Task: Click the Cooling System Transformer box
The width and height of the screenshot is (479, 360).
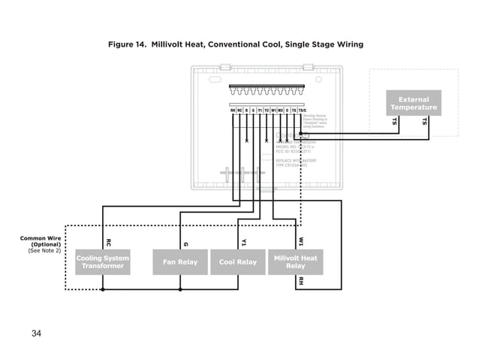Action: click(x=103, y=262)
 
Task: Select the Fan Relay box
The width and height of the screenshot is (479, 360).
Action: click(x=180, y=262)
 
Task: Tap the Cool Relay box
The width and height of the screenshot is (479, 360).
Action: click(x=237, y=262)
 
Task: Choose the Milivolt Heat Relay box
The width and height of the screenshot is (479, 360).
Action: click(x=296, y=262)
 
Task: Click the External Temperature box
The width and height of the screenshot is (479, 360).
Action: click(x=414, y=103)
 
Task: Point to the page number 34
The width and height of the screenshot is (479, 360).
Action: click(x=36, y=333)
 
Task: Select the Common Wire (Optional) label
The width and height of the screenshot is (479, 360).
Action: click(x=41, y=241)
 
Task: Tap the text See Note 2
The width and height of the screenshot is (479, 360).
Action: click(x=44, y=250)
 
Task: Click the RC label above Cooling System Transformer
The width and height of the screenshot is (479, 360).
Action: click(x=108, y=243)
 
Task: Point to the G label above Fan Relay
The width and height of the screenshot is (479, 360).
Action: click(x=185, y=243)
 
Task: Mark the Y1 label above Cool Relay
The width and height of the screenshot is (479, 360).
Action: click(x=243, y=242)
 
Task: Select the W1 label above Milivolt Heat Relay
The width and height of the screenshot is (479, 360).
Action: click(x=301, y=242)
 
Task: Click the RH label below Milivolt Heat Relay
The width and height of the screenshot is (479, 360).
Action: click(x=301, y=281)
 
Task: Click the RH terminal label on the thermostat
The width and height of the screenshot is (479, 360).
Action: click(x=233, y=110)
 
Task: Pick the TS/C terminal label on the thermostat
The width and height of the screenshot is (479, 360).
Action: click(x=302, y=110)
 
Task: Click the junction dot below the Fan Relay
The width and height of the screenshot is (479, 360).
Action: click(x=180, y=289)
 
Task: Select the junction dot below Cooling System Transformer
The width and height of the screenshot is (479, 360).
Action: click(x=103, y=289)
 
